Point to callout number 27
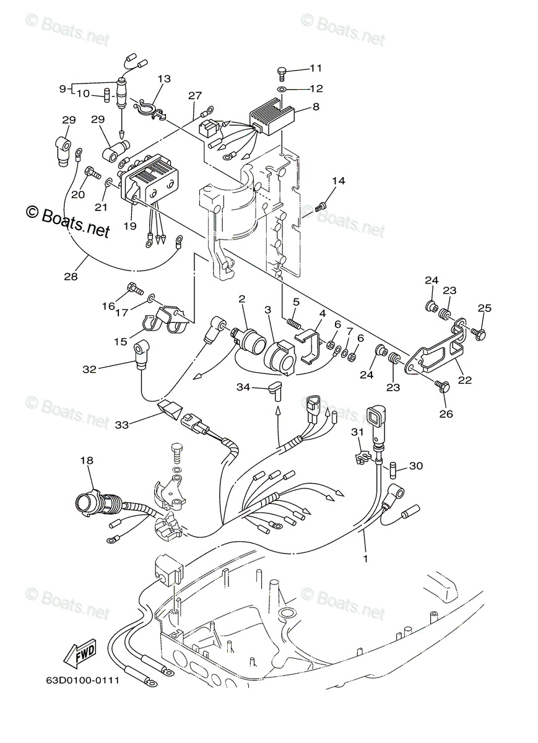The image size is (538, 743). click(x=195, y=96)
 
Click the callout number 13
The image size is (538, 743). click(x=163, y=79)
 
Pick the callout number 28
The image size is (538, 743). click(x=71, y=276)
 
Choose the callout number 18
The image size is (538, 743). click(x=87, y=461)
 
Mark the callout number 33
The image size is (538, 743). click(x=121, y=425)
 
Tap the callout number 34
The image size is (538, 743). click(x=243, y=387)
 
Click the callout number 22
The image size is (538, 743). click(x=464, y=380)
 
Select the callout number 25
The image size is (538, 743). click(x=484, y=308)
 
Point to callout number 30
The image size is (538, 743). click(x=415, y=466)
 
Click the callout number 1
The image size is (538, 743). click(x=365, y=558)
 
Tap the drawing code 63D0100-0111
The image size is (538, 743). click(x=82, y=681)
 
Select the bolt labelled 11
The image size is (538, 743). click(x=282, y=72)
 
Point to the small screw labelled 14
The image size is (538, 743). click(x=321, y=207)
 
